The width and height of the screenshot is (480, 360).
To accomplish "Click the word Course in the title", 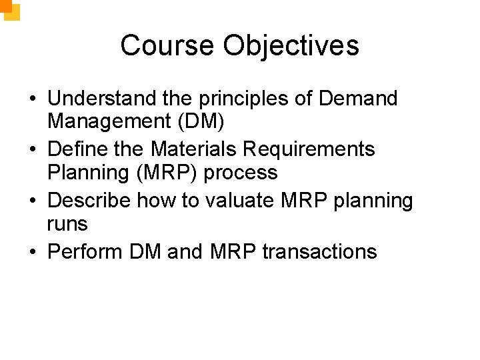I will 168,45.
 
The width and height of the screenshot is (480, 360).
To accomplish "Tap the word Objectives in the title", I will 291,45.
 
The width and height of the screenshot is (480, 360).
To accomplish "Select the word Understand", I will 103,99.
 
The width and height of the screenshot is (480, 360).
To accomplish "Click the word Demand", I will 358,99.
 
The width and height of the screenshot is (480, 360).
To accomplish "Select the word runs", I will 67,224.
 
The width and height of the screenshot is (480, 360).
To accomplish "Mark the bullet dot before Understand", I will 32,99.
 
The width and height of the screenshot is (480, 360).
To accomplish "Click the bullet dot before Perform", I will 32,252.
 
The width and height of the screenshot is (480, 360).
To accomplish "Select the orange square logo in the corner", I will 10,9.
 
